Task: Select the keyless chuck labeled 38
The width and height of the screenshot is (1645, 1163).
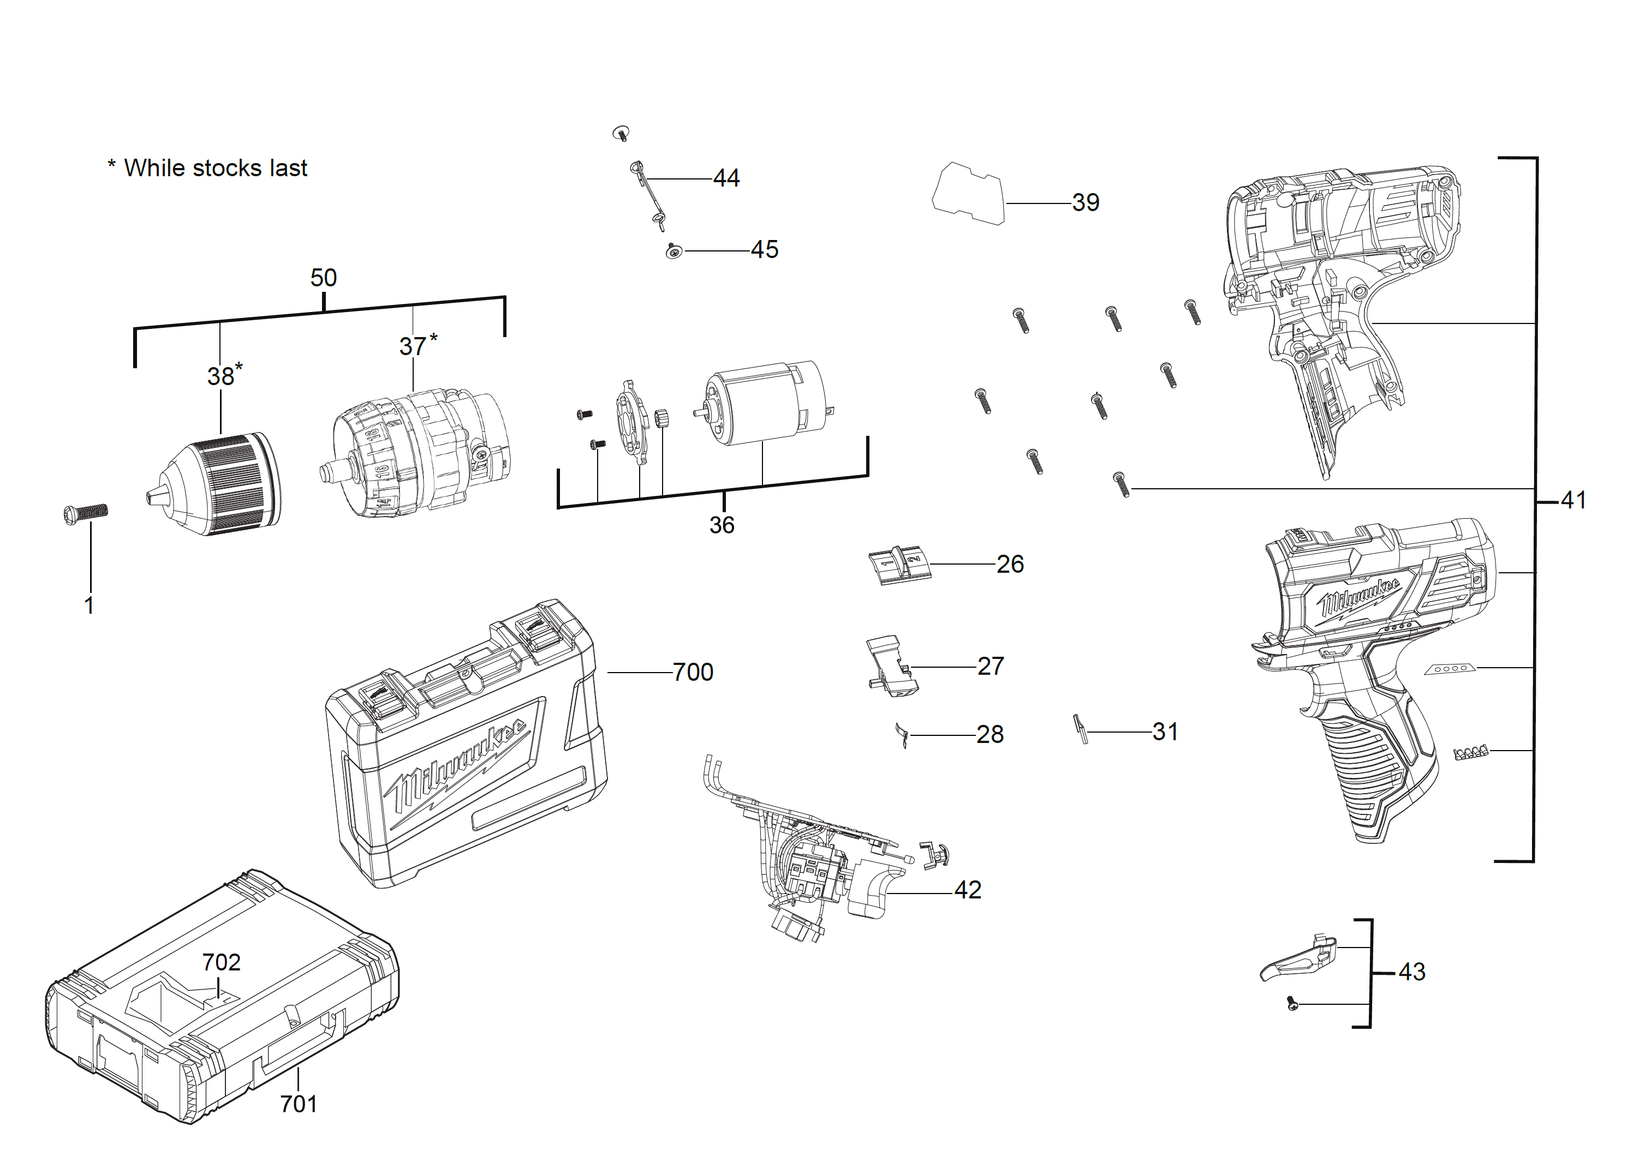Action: point(218,485)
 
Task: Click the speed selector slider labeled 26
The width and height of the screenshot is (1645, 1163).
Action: point(898,565)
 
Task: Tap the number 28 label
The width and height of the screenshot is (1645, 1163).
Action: point(990,735)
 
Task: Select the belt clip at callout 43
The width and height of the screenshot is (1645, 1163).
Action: point(1297,960)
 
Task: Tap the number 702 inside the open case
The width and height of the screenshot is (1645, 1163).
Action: point(220,962)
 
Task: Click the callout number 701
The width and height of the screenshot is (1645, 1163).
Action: point(298,1104)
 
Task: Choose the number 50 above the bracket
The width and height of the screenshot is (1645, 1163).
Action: point(323,278)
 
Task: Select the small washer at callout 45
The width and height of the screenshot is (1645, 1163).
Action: point(673,251)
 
